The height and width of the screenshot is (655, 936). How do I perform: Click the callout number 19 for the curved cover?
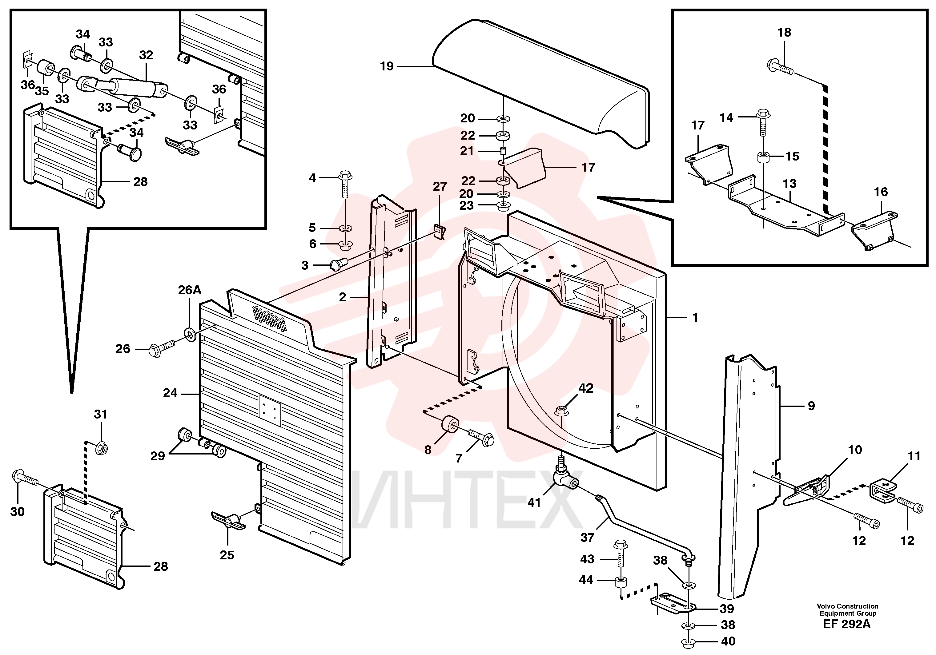tap(387, 66)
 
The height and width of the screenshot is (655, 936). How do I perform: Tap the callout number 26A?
tap(190, 290)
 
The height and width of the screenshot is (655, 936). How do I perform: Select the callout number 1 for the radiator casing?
tap(696, 317)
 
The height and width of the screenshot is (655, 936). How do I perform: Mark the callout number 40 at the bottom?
tap(728, 641)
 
